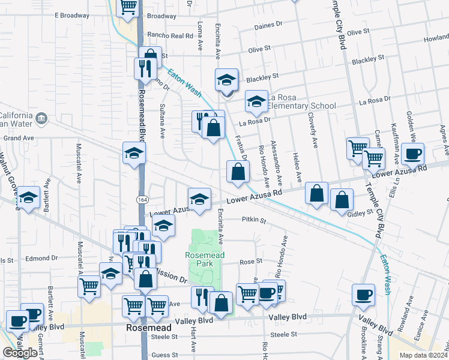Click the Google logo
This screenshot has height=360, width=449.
(x=20, y=353)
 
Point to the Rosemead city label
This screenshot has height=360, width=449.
(x=145, y=329)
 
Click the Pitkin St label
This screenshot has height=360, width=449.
(x=255, y=220)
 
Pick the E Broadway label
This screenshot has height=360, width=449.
(x=71, y=15)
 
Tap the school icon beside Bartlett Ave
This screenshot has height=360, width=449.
(x=28, y=197)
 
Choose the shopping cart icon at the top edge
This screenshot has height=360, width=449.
(x=127, y=7)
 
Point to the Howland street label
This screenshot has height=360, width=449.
(x=436, y=38)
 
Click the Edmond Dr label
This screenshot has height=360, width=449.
(x=42, y=258)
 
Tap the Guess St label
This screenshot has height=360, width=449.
(x=164, y=355)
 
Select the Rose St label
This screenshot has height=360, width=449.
(x=251, y=262)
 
